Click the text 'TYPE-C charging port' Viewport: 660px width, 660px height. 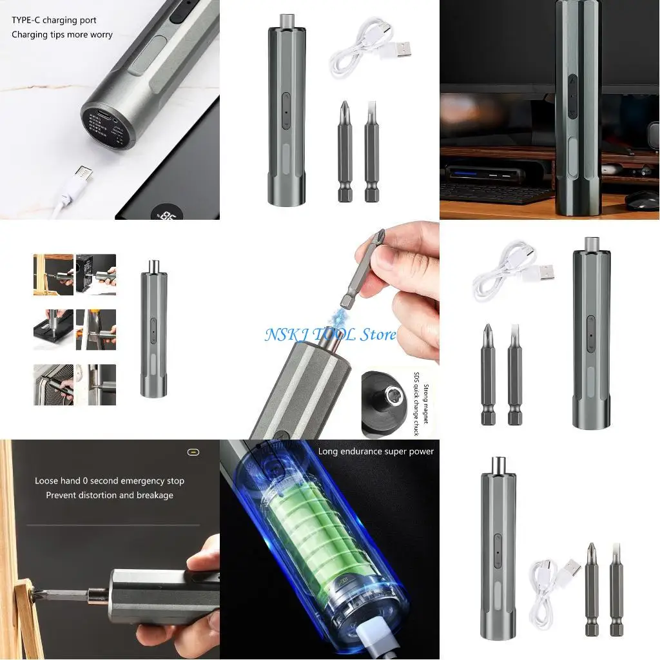click(x=54, y=21)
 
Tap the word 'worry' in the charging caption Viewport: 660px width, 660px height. click(x=100, y=35)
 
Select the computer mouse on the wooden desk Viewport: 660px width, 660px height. click(x=642, y=200)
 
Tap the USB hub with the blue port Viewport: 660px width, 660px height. click(x=480, y=174)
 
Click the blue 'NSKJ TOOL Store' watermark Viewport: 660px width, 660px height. click(x=331, y=335)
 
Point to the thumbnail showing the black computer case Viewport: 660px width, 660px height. click(x=96, y=275)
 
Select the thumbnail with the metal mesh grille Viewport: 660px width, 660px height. click(x=53, y=385)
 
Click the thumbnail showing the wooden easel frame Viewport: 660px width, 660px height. click(x=53, y=275)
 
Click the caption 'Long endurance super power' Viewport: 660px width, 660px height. click(x=376, y=452)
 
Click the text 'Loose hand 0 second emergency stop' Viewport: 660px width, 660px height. click(x=110, y=481)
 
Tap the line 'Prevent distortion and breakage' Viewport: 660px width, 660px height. click(x=110, y=495)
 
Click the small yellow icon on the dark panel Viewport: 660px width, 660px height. click(x=193, y=452)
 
